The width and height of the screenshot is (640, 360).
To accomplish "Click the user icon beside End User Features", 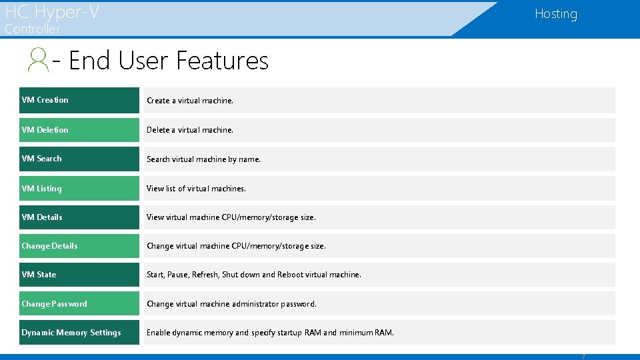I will [x=38, y=60].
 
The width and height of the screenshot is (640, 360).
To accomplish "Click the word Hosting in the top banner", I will [x=555, y=14].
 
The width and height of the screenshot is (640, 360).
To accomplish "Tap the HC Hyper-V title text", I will [x=52, y=11].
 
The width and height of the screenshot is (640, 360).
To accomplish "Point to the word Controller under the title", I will [x=32, y=29].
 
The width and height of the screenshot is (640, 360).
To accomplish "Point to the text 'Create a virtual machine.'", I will [x=190, y=101].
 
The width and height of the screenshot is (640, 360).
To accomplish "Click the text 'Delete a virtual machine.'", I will [x=190, y=130].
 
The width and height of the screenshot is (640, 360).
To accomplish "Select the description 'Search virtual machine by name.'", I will [x=203, y=159].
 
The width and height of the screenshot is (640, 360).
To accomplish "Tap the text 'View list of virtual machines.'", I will [x=196, y=189].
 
